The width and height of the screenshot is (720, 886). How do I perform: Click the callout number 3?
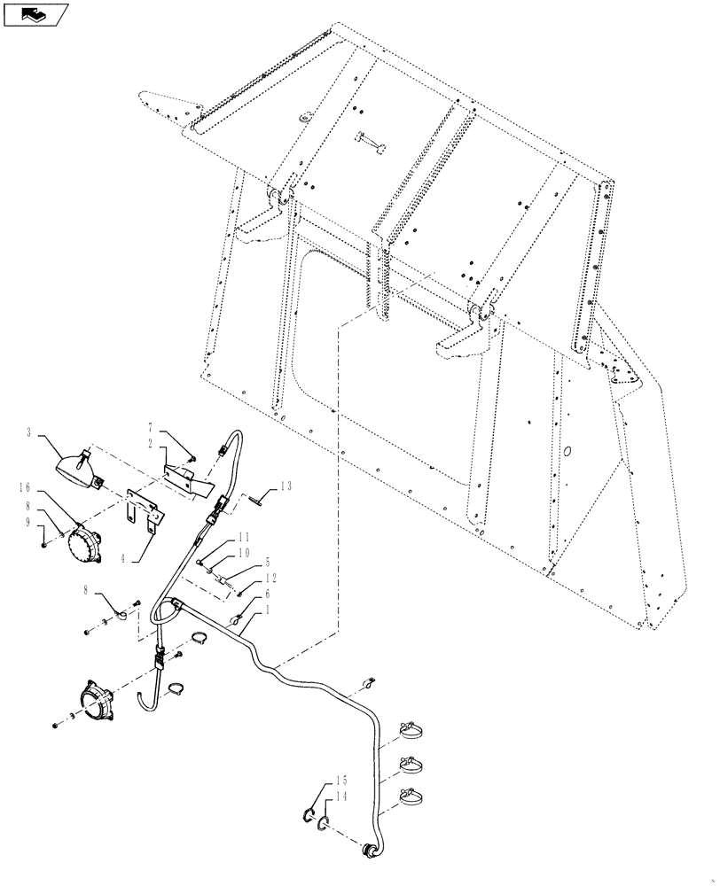tap(29, 432)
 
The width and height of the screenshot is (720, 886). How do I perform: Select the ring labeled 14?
tap(325, 826)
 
